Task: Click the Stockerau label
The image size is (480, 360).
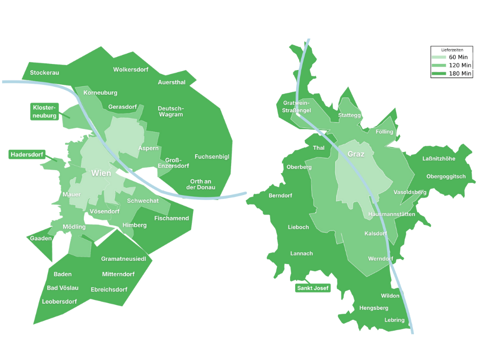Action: [x=44, y=73]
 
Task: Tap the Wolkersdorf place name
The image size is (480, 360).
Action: [x=130, y=70]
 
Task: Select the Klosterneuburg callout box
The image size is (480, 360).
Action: [x=45, y=111]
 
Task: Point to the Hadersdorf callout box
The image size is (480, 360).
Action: [x=27, y=154]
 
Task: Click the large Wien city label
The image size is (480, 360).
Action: [x=101, y=173]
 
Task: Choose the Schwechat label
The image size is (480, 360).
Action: [x=143, y=201]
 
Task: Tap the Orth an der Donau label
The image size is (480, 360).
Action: [x=201, y=184]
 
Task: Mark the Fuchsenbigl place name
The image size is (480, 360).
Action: [x=212, y=157]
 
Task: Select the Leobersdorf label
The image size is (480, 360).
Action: [x=59, y=302]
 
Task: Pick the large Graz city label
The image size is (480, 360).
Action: [x=356, y=154]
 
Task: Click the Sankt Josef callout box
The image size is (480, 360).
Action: [x=312, y=288]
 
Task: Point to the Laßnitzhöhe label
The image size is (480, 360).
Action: [x=439, y=159]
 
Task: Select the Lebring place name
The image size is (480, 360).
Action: [x=395, y=320]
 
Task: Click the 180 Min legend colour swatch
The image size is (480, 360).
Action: [x=438, y=74]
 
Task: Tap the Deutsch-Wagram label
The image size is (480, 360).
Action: [x=171, y=112]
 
